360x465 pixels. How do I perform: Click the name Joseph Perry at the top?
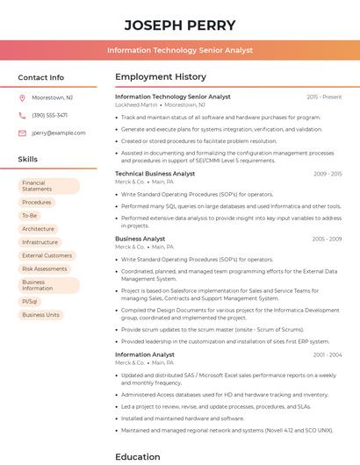coord(179,24)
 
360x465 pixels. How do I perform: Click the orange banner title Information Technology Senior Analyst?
coord(179,50)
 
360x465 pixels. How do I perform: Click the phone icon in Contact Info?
coord(22,115)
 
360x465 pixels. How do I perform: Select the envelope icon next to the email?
coord(22,132)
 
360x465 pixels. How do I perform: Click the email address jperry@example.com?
coord(53,132)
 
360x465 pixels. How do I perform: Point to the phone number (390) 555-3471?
coord(49,115)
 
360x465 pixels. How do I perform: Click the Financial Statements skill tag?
coord(48,186)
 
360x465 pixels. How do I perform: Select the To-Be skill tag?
coord(30,215)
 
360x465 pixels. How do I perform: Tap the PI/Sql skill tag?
coord(30,301)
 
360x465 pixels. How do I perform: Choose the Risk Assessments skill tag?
coord(45,268)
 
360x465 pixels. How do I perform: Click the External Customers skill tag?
coord(47,255)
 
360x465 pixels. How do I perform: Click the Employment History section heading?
coord(160,77)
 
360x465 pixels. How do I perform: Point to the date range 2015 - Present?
coord(324,97)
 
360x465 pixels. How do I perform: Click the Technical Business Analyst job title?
coord(155,174)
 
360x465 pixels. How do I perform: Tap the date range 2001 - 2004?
coord(327,354)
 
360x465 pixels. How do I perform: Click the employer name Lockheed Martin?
coord(136,104)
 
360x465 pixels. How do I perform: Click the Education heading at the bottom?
coord(138,456)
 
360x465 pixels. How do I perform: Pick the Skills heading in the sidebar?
coord(28,159)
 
